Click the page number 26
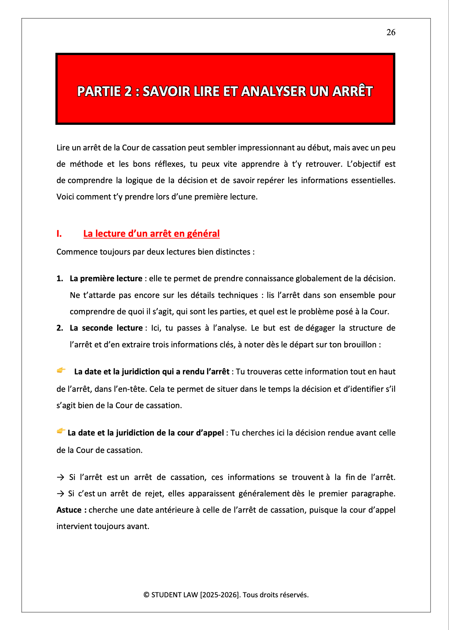[x=391, y=32]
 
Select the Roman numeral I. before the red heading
[x=59, y=234]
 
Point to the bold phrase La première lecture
[x=106, y=278]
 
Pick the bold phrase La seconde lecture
[x=106, y=328]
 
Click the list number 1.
[x=60, y=278]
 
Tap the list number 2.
[x=60, y=328]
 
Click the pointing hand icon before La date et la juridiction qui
[x=61, y=370]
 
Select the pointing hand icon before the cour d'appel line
[x=61, y=431]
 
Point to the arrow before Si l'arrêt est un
[x=60, y=477]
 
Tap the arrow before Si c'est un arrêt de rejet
[x=60, y=493]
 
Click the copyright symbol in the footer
[x=146, y=595]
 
